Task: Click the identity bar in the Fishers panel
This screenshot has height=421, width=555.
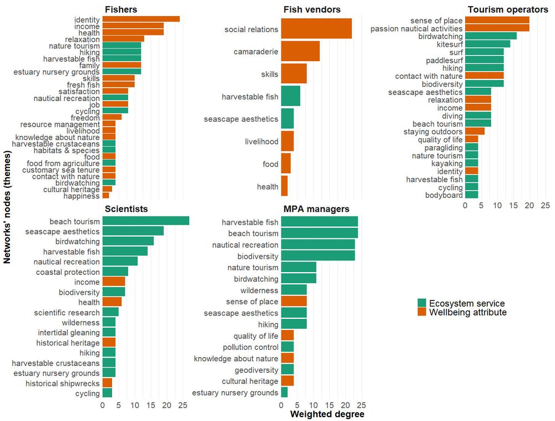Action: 141,19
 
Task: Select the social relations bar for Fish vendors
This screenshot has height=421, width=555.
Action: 316,29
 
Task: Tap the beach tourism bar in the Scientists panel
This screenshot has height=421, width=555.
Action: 145,222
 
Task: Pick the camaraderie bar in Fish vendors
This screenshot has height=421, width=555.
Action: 300,52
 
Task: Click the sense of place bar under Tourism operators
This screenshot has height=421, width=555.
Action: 497,21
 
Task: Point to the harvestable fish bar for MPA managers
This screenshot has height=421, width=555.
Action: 319,222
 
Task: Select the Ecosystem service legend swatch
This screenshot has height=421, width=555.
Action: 422,303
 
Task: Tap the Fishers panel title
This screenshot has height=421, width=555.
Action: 121,9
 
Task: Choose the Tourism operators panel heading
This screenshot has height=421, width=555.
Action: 508,9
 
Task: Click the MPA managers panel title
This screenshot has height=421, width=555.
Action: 316,209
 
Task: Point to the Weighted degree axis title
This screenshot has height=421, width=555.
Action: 327,414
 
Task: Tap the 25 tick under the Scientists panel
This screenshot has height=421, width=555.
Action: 183,406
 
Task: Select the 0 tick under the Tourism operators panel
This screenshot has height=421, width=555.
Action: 465,206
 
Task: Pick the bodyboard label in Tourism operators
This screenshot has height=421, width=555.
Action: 444,196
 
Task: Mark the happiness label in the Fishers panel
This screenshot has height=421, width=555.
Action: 82,196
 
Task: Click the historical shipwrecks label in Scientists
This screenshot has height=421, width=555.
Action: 63,383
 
